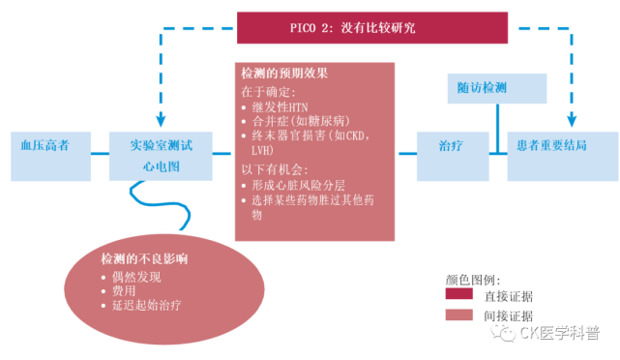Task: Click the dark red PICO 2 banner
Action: coord(372,27)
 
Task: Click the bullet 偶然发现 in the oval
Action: coord(134,276)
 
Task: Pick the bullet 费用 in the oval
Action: coord(124,290)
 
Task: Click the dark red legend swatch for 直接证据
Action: coord(464,294)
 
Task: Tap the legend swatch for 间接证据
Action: coord(464,314)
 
